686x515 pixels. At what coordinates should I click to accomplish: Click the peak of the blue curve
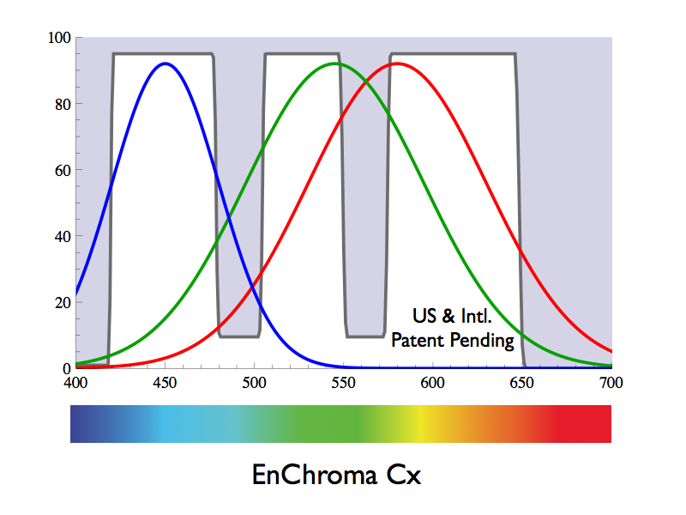click(x=165, y=64)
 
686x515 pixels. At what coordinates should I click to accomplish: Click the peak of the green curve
click(x=334, y=64)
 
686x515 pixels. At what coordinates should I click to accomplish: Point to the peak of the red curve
click(x=396, y=64)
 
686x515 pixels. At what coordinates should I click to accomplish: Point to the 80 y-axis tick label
click(x=63, y=104)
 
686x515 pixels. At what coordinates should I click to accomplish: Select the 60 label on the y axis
click(x=63, y=170)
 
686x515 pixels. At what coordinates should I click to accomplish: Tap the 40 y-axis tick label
click(x=63, y=236)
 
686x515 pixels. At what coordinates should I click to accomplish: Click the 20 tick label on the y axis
click(x=63, y=302)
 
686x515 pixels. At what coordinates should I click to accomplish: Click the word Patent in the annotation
click(x=418, y=341)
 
